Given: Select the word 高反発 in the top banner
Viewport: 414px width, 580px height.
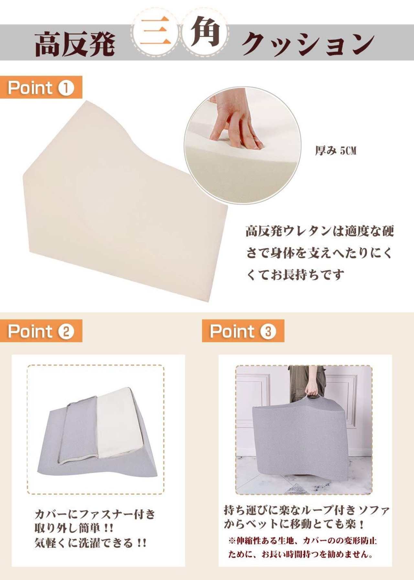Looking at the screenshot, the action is pos(74,44).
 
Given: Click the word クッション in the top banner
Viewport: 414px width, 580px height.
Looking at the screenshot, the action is pos(307,43).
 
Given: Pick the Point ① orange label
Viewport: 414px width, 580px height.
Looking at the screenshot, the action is pos(41,87).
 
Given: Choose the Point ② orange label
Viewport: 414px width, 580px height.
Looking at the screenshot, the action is pos(41,331).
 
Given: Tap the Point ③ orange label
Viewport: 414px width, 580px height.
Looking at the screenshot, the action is pos(243,331).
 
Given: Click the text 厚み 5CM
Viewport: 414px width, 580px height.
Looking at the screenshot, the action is pos(336,151).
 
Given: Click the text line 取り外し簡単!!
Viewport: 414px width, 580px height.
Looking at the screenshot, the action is pos(74,528).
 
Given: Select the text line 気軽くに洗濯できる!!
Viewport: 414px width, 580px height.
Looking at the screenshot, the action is pos(91,542).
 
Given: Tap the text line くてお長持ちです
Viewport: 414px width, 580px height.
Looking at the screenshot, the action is pos(295,274).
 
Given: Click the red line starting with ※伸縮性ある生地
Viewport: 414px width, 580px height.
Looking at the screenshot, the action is pos(302,541).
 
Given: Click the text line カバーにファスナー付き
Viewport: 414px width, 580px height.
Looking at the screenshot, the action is pos(95,514).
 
